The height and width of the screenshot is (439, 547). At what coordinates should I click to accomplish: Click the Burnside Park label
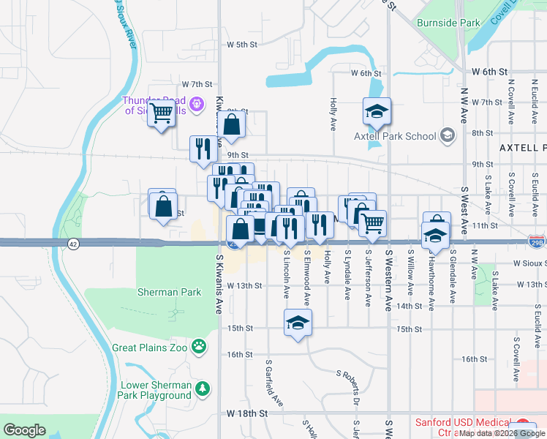[448, 23]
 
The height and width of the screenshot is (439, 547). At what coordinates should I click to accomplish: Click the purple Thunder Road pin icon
[195, 106]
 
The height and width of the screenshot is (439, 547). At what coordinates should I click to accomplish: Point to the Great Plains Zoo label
[151, 348]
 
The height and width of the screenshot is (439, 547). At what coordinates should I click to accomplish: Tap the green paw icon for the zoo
[198, 345]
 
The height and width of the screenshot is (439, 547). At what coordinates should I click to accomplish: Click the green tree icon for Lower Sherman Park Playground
[204, 388]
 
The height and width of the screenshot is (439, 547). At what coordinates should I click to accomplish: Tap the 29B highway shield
[536, 241]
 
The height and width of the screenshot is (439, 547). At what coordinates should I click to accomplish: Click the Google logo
[24, 429]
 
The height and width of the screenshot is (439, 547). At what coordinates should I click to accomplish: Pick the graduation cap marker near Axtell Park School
[377, 111]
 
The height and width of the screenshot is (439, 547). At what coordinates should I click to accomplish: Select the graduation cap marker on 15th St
[298, 323]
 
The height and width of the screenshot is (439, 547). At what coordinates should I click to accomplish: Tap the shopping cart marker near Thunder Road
[160, 114]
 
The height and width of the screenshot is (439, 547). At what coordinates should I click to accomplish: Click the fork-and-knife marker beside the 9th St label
[203, 149]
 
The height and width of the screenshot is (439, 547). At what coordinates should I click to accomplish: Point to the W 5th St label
[242, 45]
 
